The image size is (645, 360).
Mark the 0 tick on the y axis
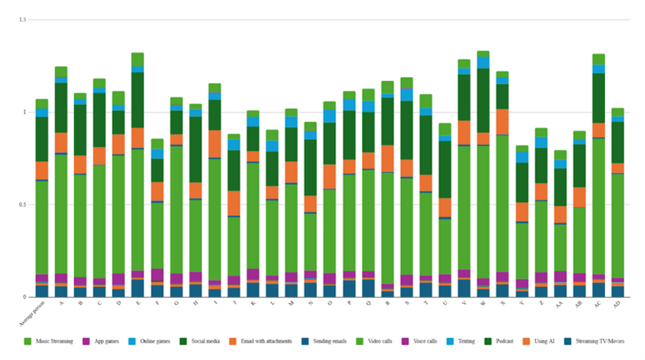tap(24, 297)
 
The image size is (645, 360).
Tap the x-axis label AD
tap(617, 304)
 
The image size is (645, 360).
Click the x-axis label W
tap(483, 304)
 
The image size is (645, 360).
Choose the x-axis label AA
tap(560, 304)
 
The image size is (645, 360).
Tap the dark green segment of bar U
tap(445, 169)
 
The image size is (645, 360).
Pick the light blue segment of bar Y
tap(522, 157)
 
